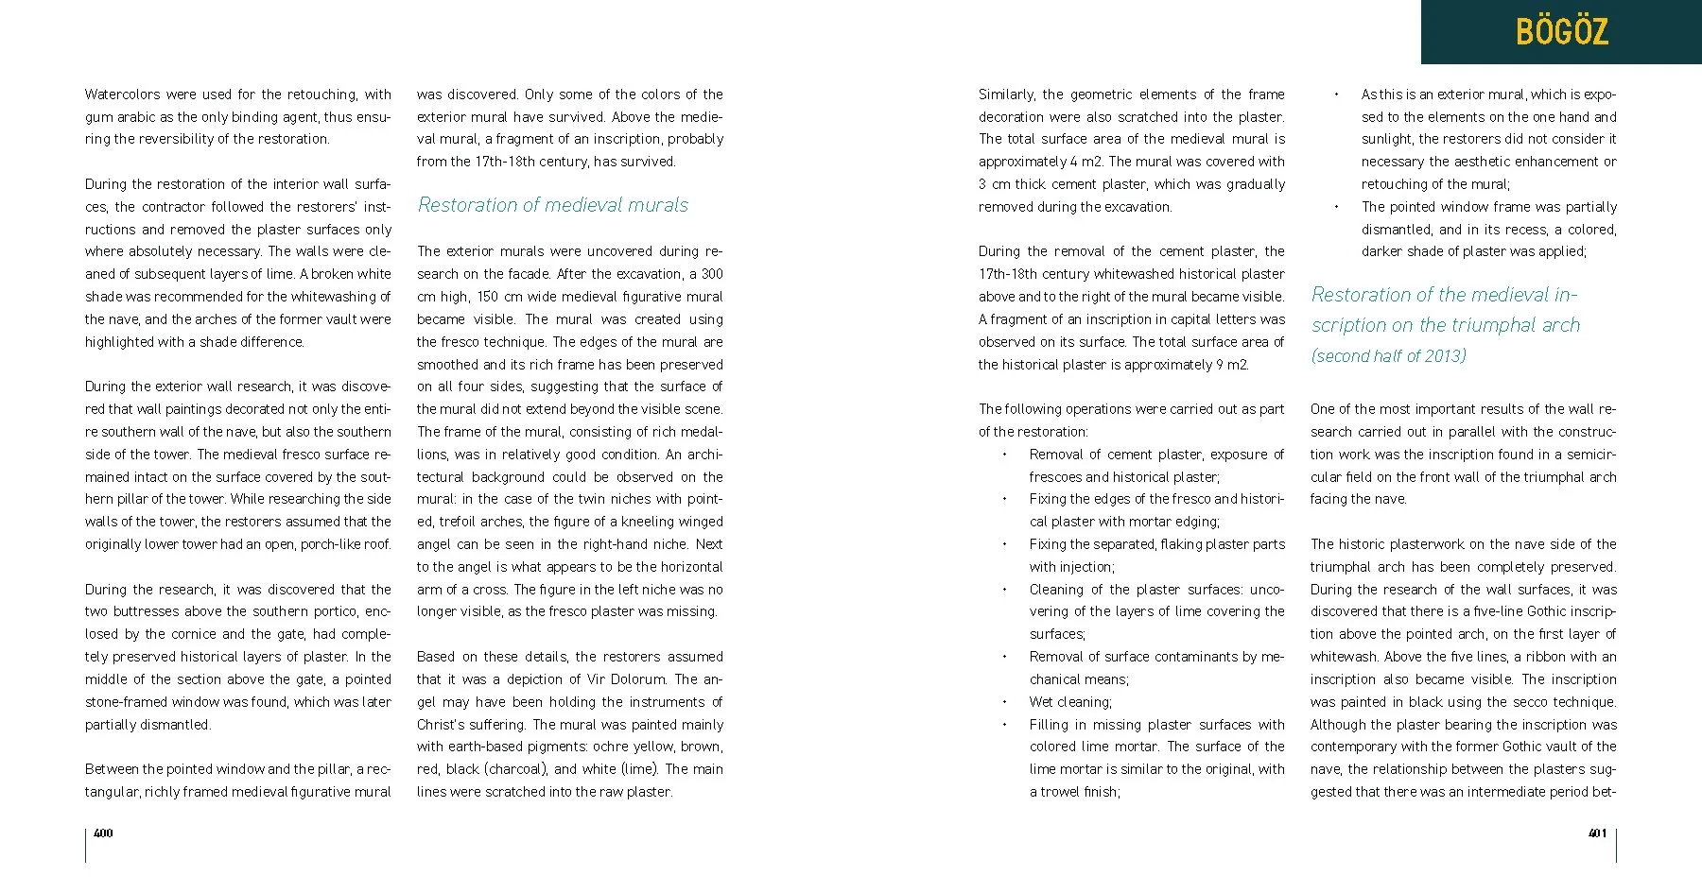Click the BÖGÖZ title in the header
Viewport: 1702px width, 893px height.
(x=1561, y=32)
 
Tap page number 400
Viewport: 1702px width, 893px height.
(x=103, y=833)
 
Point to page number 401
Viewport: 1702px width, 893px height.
(x=1597, y=833)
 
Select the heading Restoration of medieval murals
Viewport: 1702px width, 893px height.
(x=553, y=205)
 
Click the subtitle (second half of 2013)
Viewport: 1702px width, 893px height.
(x=1388, y=356)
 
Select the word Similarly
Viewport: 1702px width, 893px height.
(x=1007, y=94)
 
